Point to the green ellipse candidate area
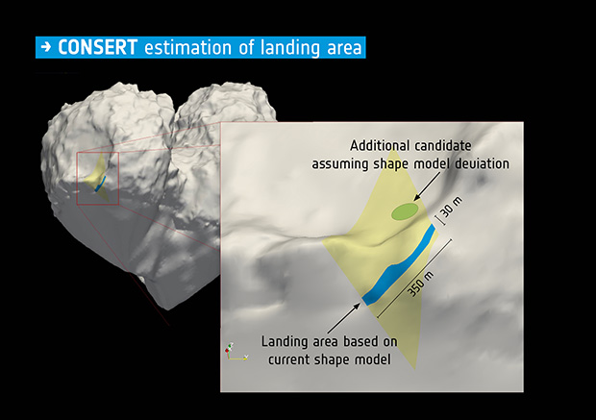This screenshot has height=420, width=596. click(404, 210)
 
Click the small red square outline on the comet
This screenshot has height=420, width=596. click(97, 179)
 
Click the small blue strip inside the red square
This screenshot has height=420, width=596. click(100, 185)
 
